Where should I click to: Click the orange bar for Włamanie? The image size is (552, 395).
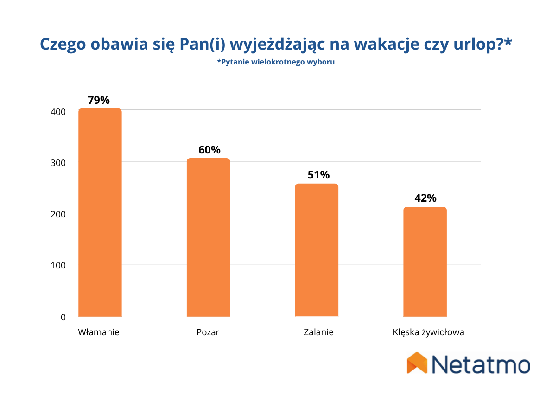click(x=100, y=213)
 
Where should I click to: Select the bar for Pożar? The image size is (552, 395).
click(x=208, y=237)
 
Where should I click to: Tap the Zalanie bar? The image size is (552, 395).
click(x=317, y=250)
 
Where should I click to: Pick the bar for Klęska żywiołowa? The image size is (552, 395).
click(x=425, y=262)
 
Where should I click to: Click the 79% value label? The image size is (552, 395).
click(x=99, y=100)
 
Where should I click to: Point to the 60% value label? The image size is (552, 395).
click(x=209, y=150)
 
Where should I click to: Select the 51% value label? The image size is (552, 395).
click(x=318, y=175)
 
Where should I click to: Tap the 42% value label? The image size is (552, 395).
click(x=425, y=198)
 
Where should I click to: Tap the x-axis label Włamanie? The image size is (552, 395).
click(x=99, y=332)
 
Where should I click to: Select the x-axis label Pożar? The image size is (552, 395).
click(x=208, y=332)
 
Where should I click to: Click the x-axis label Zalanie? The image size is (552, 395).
click(x=318, y=332)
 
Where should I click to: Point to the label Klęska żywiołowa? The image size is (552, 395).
click(x=428, y=332)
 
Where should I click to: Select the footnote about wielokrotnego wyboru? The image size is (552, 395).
click(x=276, y=62)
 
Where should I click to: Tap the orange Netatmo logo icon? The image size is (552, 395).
click(x=416, y=363)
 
